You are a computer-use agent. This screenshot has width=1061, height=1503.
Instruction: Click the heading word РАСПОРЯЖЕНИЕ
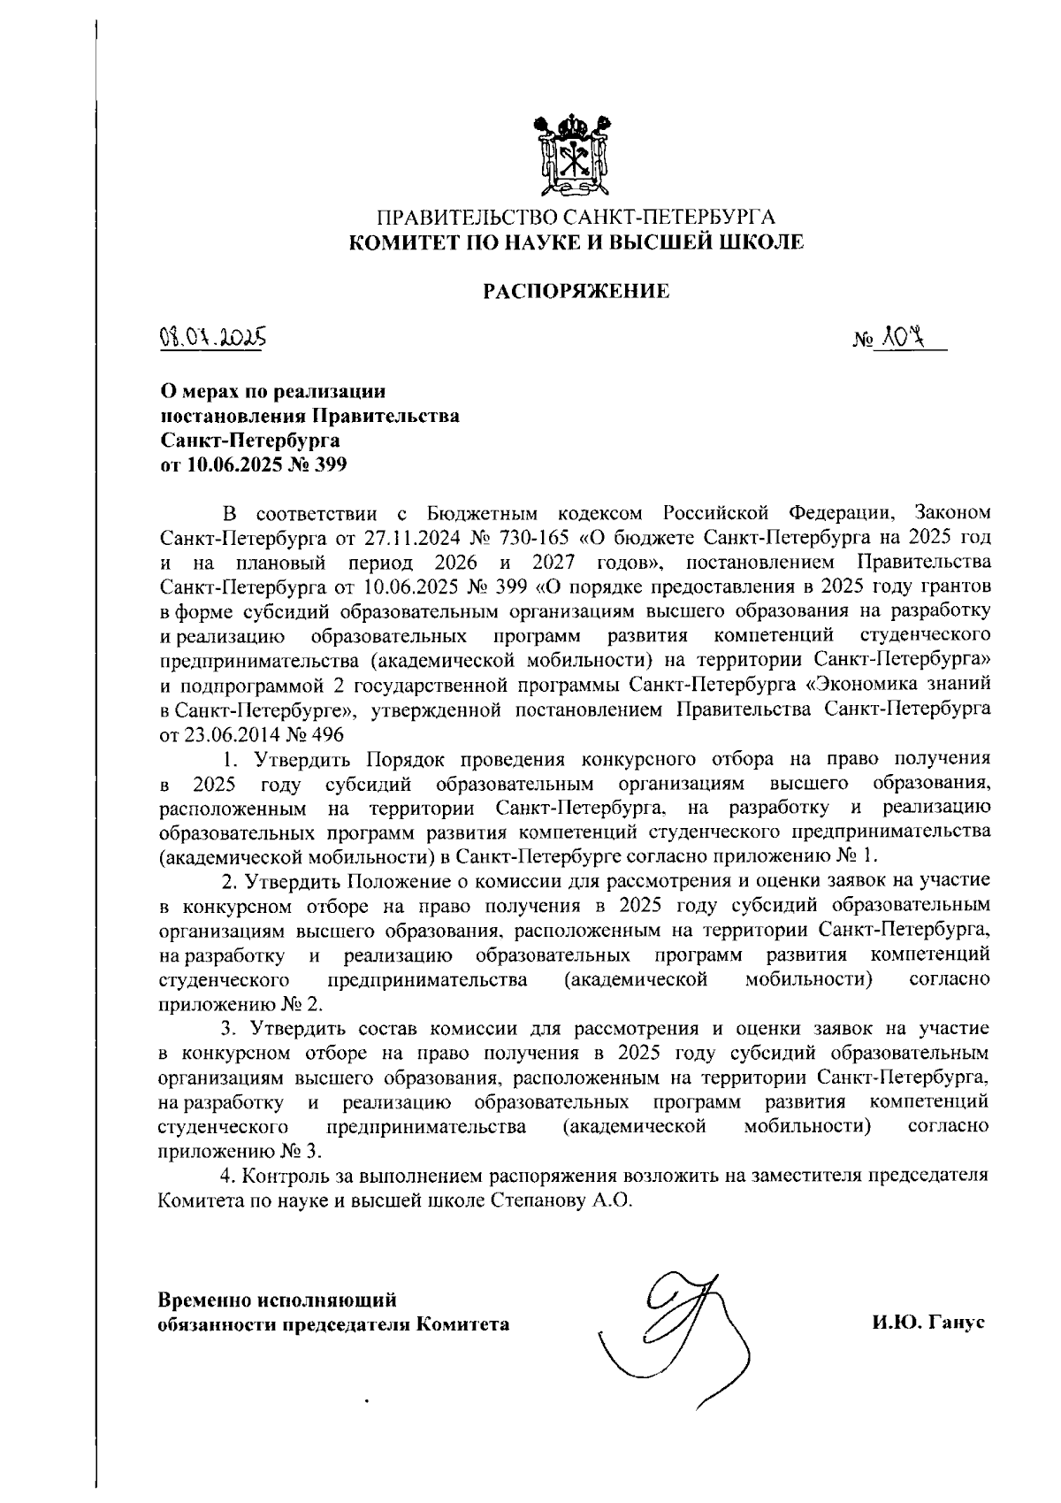(x=575, y=290)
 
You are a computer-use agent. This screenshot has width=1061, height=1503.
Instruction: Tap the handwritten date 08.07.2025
(x=212, y=338)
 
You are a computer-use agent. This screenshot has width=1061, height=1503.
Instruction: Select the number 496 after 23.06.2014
(x=326, y=734)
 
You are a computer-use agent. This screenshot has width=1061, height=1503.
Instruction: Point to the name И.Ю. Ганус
(x=927, y=1323)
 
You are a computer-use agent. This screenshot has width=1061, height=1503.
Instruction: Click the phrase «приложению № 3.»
(x=240, y=1151)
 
